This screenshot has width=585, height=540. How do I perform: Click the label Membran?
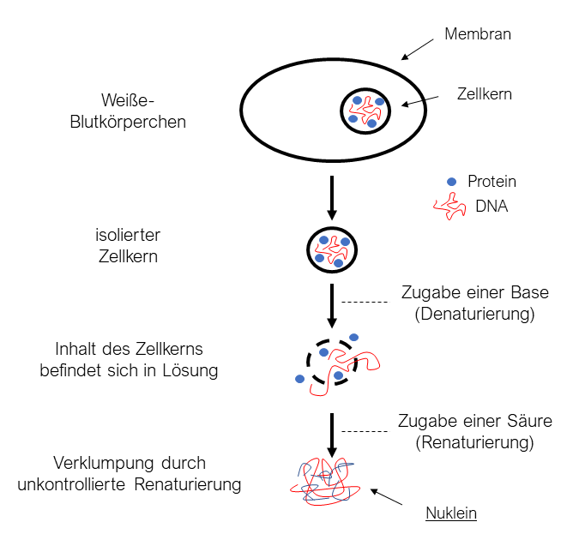coord(478,35)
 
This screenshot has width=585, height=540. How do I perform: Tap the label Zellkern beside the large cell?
coord(484,94)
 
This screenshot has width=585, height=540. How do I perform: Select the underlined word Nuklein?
coord(450,514)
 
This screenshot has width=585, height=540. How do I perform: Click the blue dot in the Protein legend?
coord(451,182)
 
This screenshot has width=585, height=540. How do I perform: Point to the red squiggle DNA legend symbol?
coord(450,206)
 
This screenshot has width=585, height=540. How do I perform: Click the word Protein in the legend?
coord(492,182)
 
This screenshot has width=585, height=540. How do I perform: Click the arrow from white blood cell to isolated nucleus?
coord(331,198)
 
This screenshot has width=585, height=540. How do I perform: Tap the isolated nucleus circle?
coord(331,249)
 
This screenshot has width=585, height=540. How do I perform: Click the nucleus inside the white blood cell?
coord(366,111)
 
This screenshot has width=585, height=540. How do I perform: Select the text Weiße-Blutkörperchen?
coord(128,111)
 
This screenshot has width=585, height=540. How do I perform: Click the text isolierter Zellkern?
coord(128,244)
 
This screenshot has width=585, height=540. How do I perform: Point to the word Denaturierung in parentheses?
coord(474,314)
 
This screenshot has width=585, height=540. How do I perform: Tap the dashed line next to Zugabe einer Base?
coord(364,302)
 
